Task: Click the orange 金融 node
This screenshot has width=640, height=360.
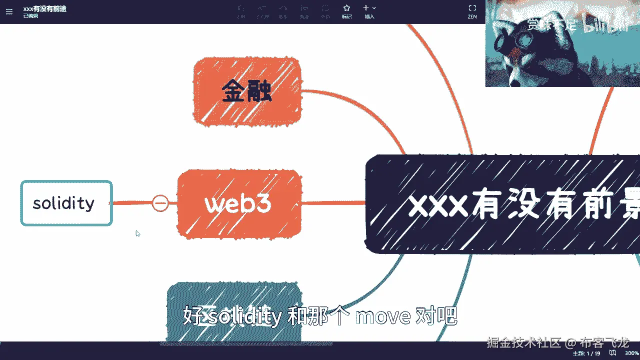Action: pyautogui.click(x=247, y=91)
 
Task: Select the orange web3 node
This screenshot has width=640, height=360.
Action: pyautogui.click(x=239, y=203)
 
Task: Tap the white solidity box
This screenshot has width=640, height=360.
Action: pyautogui.click(x=66, y=203)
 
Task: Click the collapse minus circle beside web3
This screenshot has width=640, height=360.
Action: pyautogui.click(x=160, y=203)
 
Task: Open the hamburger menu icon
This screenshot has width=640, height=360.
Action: pyautogui.click(x=9, y=11)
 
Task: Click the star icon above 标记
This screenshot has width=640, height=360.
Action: pyautogui.click(x=346, y=8)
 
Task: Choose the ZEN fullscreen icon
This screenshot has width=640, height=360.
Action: pyautogui.click(x=472, y=8)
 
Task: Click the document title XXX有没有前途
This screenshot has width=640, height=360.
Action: pyautogui.click(x=44, y=8)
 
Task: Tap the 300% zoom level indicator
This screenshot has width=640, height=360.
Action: pyautogui.click(x=631, y=353)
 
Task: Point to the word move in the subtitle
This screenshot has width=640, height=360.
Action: pyautogui.click(x=382, y=316)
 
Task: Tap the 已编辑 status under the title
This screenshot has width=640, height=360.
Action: pyautogui.click(x=30, y=16)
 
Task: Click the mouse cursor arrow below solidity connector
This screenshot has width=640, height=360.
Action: pyautogui.click(x=137, y=233)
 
